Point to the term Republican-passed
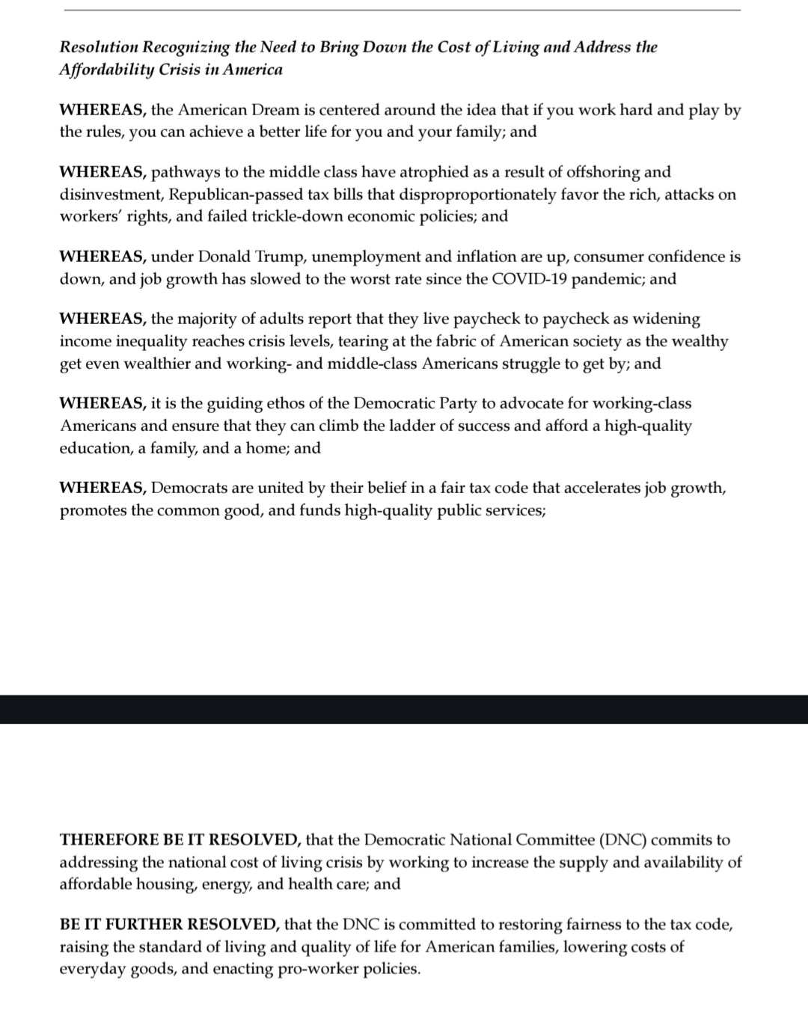(236, 195)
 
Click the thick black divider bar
(404, 708)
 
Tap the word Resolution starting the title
(99, 47)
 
